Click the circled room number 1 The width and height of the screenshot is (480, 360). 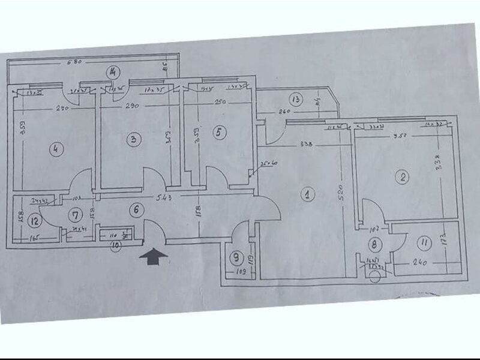307,194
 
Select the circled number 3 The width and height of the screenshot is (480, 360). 134,139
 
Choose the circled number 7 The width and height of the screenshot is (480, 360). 76,214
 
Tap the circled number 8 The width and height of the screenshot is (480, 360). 374,244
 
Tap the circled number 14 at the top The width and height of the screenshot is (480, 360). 112,73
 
